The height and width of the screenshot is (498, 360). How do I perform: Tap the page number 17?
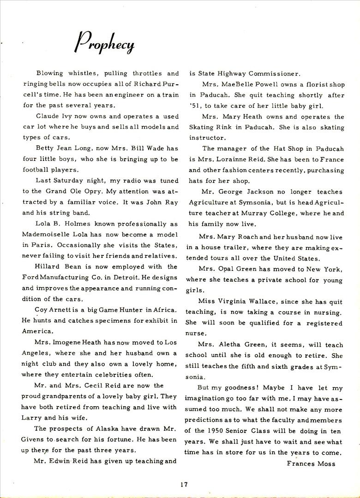[x=185, y=484]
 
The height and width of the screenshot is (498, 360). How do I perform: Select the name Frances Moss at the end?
[x=311, y=463]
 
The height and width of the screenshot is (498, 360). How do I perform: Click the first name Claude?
[x=48, y=116]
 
